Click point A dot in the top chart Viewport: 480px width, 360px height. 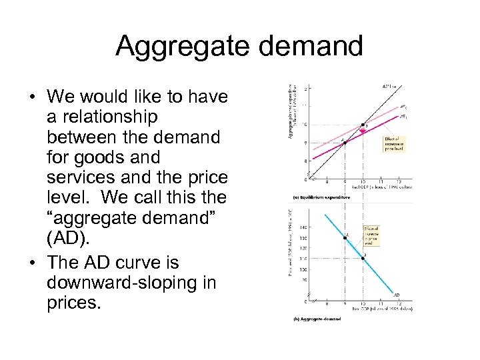click(x=344, y=141)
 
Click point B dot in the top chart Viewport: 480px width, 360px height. click(x=363, y=125)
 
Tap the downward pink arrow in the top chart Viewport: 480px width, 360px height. click(x=363, y=133)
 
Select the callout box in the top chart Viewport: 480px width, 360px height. click(x=394, y=143)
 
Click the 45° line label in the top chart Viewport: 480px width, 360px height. click(x=389, y=86)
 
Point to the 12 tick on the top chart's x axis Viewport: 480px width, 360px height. click(x=399, y=182)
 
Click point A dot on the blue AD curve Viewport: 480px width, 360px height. click(x=345, y=238)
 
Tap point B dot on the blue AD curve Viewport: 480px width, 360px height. click(x=363, y=258)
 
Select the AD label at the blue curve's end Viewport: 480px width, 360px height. click(x=397, y=295)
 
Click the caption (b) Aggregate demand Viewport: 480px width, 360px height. click(x=317, y=319)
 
